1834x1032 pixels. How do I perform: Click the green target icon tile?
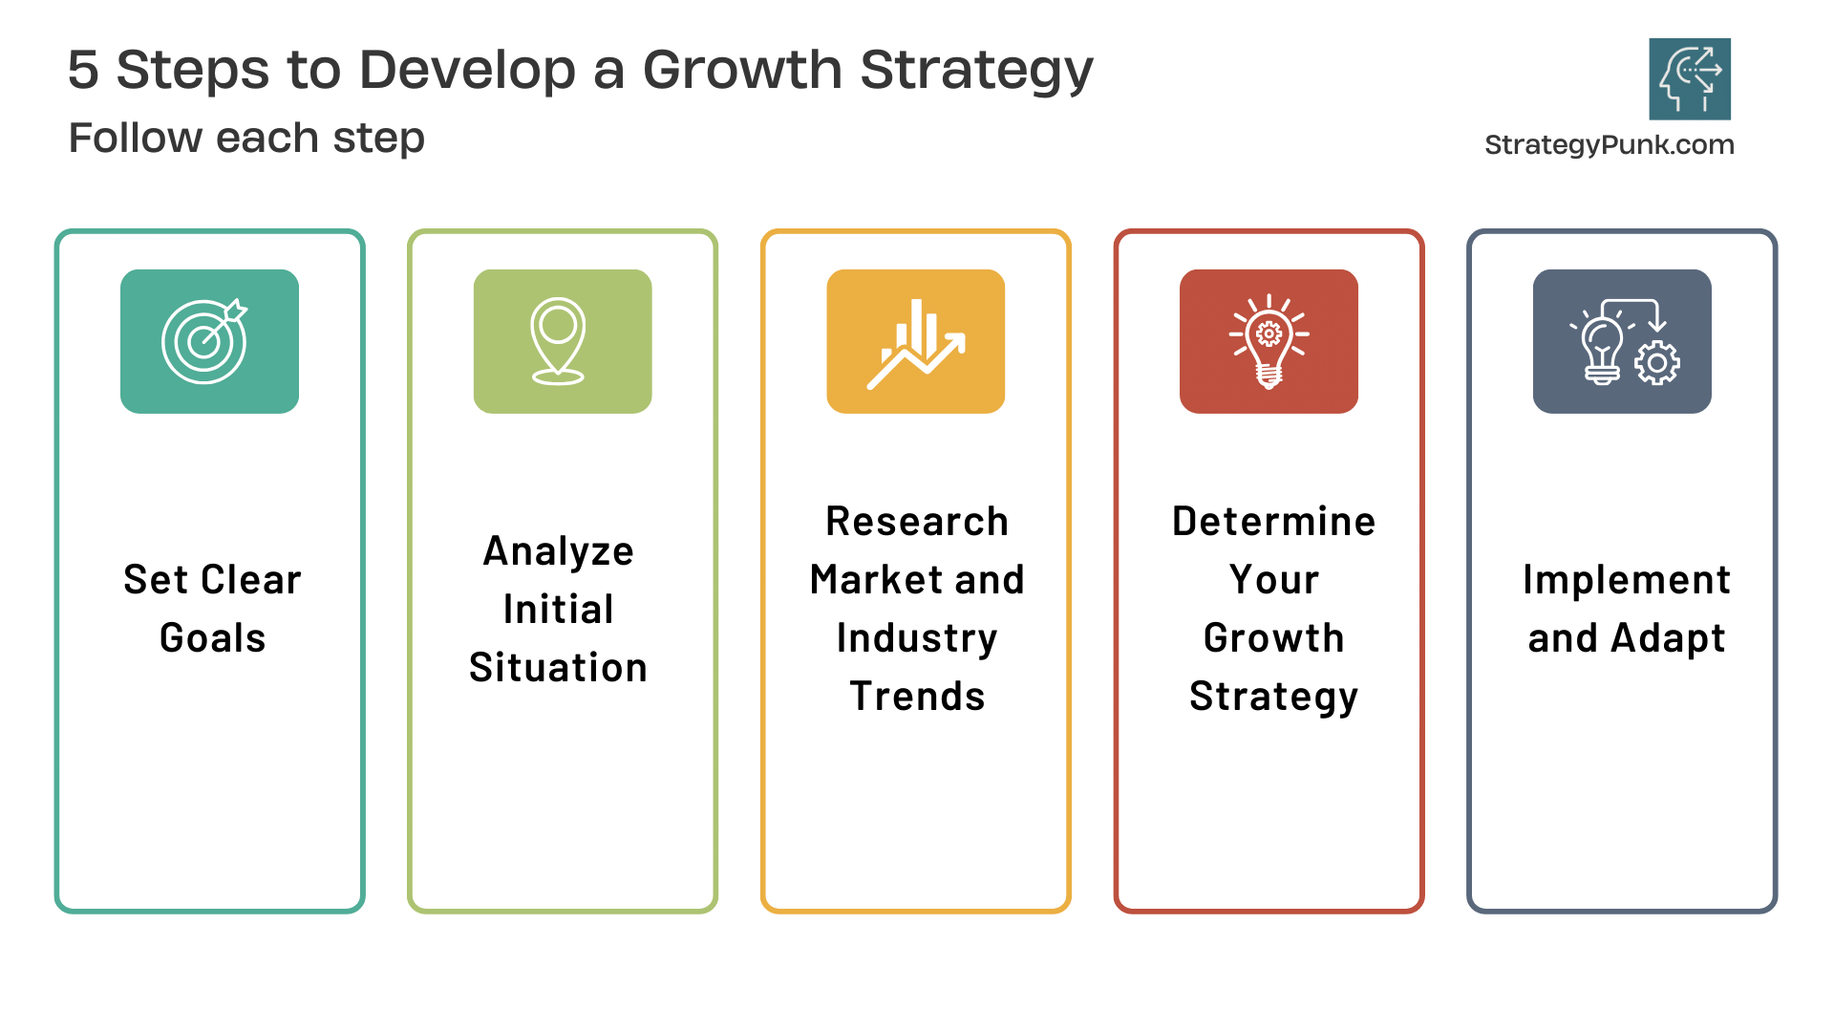click(x=209, y=341)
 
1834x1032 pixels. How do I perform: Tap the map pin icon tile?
click(x=563, y=341)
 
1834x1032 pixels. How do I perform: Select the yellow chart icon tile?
click(x=915, y=341)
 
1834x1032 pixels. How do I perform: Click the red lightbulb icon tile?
click(x=1269, y=341)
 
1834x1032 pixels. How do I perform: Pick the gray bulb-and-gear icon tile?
click(x=1622, y=341)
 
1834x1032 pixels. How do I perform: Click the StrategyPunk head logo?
click(x=1690, y=78)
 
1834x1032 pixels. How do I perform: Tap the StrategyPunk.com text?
click(x=1610, y=145)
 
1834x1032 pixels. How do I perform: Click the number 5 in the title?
click(x=83, y=70)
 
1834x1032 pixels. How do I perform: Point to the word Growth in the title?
click(x=742, y=70)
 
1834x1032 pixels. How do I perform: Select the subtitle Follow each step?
click(x=246, y=138)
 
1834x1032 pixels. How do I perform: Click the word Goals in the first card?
click(x=212, y=638)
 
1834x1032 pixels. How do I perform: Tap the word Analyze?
click(x=559, y=551)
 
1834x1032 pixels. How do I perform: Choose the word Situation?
click(x=559, y=668)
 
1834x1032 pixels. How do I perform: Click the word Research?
click(x=917, y=522)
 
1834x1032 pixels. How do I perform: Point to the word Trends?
click(x=917, y=697)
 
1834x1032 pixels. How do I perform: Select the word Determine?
click(x=1273, y=522)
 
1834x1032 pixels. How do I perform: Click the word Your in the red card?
click(x=1273, y=580)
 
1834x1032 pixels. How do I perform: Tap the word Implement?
click(x=1627, y=580)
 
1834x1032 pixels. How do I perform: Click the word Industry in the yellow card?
click(x=917, y=638)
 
